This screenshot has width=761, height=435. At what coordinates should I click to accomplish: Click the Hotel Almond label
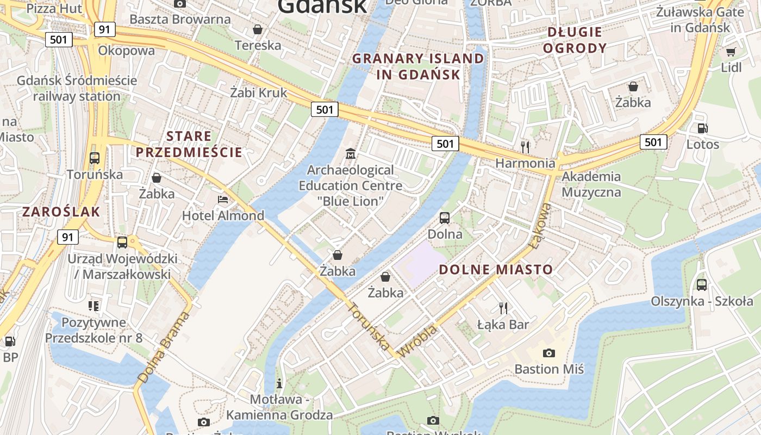pyautogui.click(x=223, y=216)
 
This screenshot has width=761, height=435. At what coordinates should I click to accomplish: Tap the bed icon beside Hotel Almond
pyautogui.click(x=223, y=200)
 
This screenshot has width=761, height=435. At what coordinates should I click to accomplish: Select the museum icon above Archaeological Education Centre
pyautogui.click(x=351, y=154)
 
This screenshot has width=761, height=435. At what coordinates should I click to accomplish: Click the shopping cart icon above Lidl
pyautogui.click(x=731, y=52)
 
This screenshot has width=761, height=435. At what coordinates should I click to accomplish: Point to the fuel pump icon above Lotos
pyautogui.click(x=702, y=128)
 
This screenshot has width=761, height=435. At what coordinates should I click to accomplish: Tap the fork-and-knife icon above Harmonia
pyautogui.click(x=525, y=147)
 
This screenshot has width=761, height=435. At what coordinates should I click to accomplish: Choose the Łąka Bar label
pyautogui.click(x=503, y=325)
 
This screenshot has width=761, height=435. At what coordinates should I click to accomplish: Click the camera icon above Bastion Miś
pyautogui.click(x=549, y=353)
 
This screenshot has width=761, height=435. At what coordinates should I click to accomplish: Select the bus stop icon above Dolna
pyautogui.click(x=445, y=218)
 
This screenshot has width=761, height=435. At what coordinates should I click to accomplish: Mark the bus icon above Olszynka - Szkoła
pyautogui.click(x=702, y=284)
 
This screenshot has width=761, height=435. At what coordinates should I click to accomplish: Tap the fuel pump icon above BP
pyautogui.click(x=10, y=341)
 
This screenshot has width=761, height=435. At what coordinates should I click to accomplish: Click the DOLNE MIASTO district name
pyautogui.click(x=495, y=269)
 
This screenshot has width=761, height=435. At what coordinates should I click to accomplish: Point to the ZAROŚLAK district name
pyautogui.click(x=61, y=212)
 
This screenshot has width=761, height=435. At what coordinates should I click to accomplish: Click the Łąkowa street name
pyautogui.click(x=540, y=226)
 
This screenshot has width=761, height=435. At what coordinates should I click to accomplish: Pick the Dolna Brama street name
pyautogui.click(x=164, y=346)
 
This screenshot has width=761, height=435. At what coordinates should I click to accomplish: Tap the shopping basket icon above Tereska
pyautogui.click(x=258, y=29)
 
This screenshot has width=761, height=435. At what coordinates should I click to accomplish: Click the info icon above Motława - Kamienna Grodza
pyautogui.click(x=279, y=383)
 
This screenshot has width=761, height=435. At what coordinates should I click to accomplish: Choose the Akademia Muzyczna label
pyautogui.click(x=591, y=184)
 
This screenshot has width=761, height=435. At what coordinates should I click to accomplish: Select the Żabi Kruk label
pyautogui.click(x=258, y=92)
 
